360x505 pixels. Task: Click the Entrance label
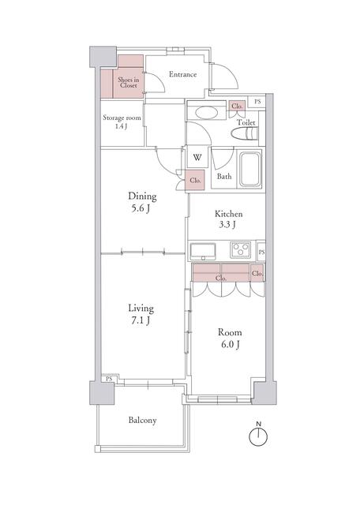click(182, 74)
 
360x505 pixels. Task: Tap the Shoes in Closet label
click(128, 82)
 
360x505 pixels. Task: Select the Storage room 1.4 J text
click(122, 122)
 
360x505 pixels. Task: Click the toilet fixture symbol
click(246, 133)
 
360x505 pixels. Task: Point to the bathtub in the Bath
click(249, 169)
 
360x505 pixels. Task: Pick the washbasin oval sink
click(206, 113)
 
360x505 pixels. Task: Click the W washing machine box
click(197, 158)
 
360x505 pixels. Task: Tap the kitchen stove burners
click(241, 249)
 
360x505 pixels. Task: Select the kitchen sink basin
click(203, 251)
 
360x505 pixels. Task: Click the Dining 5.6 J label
click(142, 202)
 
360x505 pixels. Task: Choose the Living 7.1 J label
click(141, 314)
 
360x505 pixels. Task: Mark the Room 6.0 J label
click(230, 339)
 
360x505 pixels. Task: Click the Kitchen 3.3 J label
click(228, 219)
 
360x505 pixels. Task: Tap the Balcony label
click(142, 421)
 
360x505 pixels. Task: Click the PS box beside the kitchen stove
click(261, 252)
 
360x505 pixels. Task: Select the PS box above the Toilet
click(257, 102)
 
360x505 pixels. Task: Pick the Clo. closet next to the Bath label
click(195, 181)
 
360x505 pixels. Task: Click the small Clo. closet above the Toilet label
click(237, 106)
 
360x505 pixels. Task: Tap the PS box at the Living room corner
click(109, 379)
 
